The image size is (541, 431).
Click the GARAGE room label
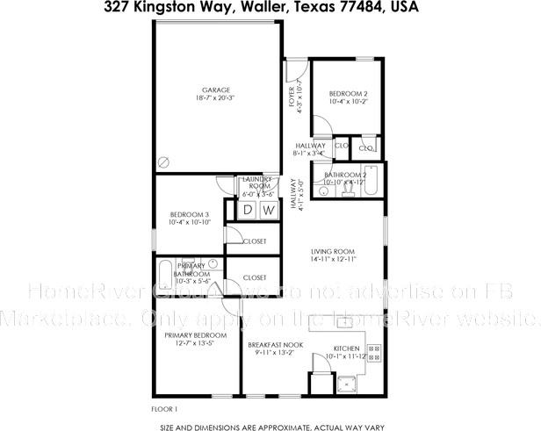(x=216, y=90)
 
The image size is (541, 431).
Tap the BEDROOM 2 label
(x=348, y=94)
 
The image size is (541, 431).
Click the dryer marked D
(x=248, y=210)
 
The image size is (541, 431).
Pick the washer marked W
(x=269, y=210)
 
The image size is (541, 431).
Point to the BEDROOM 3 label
(x=189, y=215)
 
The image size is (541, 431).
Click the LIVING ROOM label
(x=332, y=252)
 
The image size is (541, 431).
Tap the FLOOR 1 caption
(x=165, y=408)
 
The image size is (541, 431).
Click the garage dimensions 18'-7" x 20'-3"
(x=216, y=98)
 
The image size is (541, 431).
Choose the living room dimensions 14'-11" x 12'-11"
(x=332, y=260)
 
